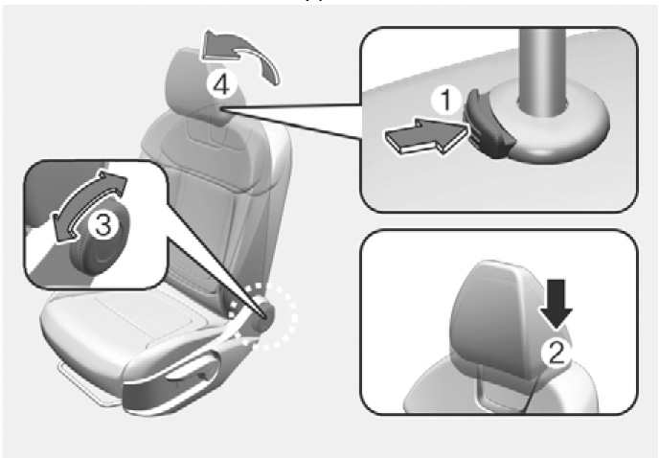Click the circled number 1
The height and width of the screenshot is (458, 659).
[x=446, y=101]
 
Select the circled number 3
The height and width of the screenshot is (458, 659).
[x=103, y=224]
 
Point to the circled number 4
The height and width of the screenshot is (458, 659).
[x=221, y=85]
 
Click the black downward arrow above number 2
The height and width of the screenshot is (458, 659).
[x=557, y=304]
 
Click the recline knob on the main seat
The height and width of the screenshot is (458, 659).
[x=264, y=314]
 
